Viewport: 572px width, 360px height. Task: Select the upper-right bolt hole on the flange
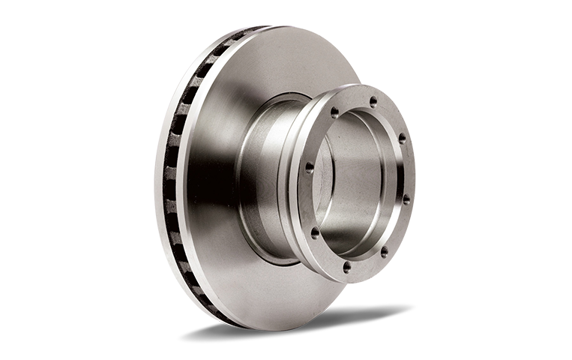point(402,138)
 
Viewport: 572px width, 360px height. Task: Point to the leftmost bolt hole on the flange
point(308,168)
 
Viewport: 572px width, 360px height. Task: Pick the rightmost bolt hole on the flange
point(406,199)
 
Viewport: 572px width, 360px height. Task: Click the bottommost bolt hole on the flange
point(346,265)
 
